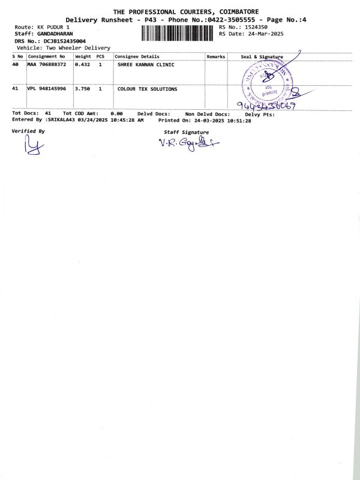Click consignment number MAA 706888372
(47, 64)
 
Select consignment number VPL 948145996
(47, 89)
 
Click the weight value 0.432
(82, 64)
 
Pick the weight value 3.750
(82, 89)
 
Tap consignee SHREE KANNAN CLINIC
(146, 64)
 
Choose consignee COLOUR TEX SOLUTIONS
(147, 89)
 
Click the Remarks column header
(215, 56)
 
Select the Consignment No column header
(47, 56)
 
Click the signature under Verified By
(33, 146)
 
